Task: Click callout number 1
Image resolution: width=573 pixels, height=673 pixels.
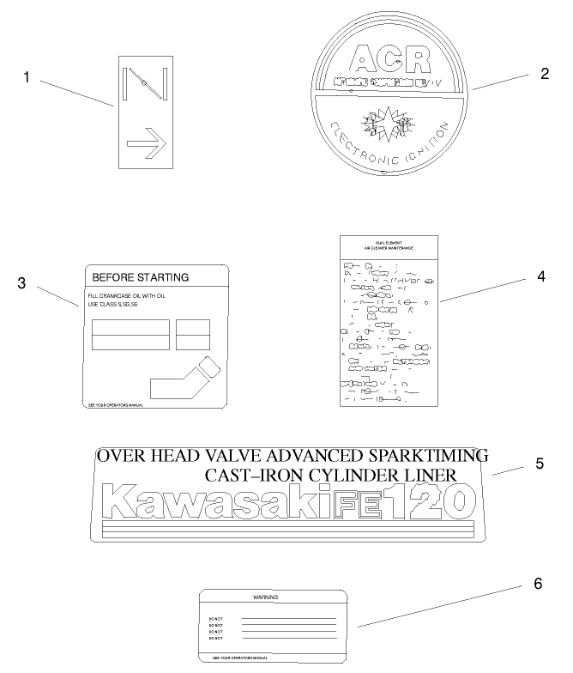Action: pos(27,77)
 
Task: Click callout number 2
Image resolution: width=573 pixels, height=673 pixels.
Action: pos(544,73)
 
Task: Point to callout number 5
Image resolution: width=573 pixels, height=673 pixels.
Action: pos(540,464)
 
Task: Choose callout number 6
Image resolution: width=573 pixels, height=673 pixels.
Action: pos(538,584)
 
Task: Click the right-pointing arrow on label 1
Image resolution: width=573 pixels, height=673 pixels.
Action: pos(145,145)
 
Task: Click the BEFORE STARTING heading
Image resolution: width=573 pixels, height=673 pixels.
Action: pos(140,277)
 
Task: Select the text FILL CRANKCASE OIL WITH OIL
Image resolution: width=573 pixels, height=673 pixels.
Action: pos(126,296)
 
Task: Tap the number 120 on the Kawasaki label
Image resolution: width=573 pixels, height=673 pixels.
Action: pos(429,500)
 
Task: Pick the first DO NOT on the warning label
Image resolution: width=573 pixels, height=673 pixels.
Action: pos(216,618)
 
